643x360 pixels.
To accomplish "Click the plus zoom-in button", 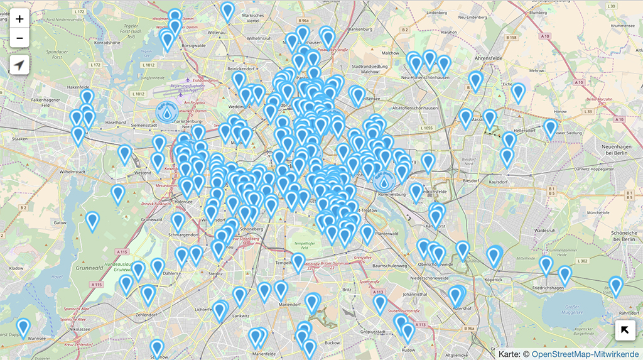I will pos(19,19).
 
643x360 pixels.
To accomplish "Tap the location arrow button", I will pos(19,65).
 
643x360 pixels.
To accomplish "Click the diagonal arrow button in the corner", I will pos(625,330).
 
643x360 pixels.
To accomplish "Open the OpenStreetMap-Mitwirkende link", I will pos(586,354).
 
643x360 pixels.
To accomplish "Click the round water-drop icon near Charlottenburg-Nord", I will pos(166,112).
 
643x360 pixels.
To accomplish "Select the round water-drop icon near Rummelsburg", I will pos(384,182).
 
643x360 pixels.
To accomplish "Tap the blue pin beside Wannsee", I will pos(23,327).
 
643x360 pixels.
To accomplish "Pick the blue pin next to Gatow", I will pos(92,221).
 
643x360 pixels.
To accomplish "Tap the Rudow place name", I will pos(408,349).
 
